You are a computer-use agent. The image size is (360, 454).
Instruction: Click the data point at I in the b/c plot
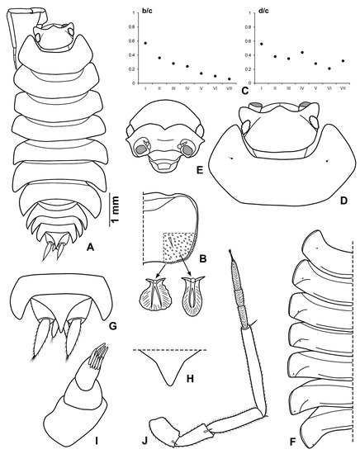click(x=146, y=43)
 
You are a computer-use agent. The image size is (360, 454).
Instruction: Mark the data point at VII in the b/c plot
click(x=229, y=79)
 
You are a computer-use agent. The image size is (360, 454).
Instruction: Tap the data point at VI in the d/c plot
click(x=329, y=69)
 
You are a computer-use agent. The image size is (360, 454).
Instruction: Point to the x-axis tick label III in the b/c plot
click(x=173, y=90)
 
